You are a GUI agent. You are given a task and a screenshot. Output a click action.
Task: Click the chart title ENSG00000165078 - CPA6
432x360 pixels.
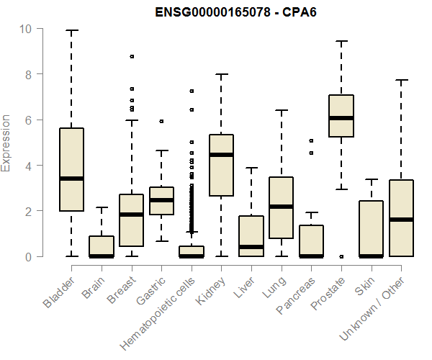[x=235, y=12]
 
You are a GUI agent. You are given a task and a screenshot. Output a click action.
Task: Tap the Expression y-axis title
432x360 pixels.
[x=6, y=143]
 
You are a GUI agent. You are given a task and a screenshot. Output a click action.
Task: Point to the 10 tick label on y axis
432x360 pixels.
[x=25, y=29]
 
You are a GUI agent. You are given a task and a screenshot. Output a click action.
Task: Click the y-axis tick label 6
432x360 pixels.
[x=28, y=120]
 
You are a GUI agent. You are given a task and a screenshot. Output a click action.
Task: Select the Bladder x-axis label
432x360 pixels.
[x=59, y=292]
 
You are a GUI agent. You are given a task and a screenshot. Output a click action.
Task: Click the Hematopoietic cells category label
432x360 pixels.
[x=157, y=314]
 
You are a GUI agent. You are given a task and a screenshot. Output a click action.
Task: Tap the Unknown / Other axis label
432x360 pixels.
[x=372, y=308]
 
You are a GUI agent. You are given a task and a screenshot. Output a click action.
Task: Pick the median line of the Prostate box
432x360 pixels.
[x=341, y=118]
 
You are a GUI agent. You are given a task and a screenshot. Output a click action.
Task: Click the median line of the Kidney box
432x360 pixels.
[x=221, y=155]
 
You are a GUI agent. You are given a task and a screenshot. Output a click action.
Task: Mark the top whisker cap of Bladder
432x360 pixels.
[x=71, y=30]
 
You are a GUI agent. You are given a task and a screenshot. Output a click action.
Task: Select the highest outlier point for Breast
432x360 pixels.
[x=132, y=57]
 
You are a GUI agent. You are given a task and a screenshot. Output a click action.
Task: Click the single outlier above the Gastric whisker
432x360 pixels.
[x=162, y=121]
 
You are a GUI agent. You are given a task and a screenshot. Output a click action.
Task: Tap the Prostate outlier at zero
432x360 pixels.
[x=341, y=256]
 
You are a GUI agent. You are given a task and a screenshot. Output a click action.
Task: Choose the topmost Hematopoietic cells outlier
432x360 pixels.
[x=192, y=91]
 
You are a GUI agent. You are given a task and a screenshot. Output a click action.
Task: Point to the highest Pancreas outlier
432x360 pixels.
[x=311, y=140]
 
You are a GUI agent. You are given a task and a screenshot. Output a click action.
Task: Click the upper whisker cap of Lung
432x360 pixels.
[x=282, y=110]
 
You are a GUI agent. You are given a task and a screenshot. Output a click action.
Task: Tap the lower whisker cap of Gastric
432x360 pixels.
[x=162, y=241]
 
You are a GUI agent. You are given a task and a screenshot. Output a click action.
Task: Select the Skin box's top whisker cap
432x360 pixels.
[x=372, y=179]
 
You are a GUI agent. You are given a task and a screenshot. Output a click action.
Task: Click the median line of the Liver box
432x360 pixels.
[x=251, y=247]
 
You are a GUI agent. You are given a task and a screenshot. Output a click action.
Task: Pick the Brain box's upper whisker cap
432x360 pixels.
[x=102, y=207]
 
